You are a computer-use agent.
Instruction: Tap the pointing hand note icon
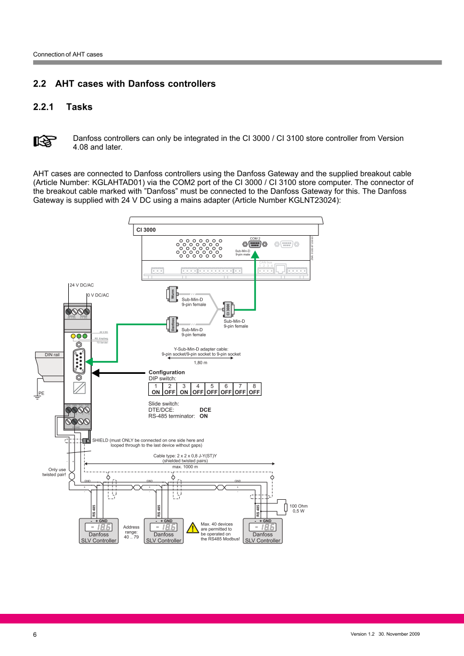(x=45, y=141)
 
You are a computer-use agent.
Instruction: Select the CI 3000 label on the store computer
(x=146, y=229)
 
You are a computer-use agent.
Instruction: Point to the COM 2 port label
(x=255, y=238)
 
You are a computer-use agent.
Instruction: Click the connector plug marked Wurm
(x=172, y=294)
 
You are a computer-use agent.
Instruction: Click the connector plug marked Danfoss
(x=172, y=324)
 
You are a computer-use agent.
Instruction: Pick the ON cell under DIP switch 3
(x=183, y=392)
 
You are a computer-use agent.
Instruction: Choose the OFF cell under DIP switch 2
(x=170, y=392)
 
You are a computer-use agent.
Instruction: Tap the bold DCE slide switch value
(x=205, y=410)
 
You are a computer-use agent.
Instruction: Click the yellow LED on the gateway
(x=73, y=336)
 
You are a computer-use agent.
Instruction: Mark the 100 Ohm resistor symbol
(x=286, y=507)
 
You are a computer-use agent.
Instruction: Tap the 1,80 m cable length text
(x=201, y=363)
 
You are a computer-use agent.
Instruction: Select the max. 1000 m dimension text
(x=185, y=467)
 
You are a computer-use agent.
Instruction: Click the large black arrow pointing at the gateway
(x=118, y=373)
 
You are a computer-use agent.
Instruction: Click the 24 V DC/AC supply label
(x=82, y=285)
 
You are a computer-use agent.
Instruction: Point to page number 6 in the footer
(x=35, y=634)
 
